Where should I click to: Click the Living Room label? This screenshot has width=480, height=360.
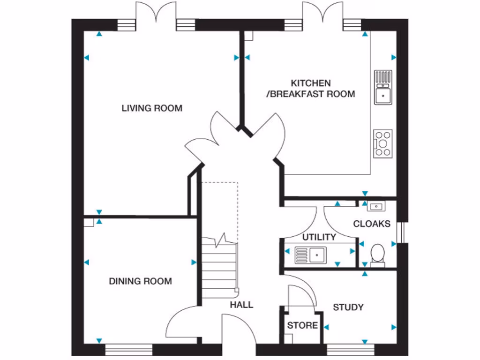pyautogui.click(x=152, y=108)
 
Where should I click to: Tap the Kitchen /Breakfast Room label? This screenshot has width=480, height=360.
pyautogui.click(x=310, y=89)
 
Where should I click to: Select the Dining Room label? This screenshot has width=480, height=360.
pyautogui.click(x=140, y=281)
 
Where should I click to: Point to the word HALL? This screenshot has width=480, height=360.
pyautogui.click(x=241, y=305)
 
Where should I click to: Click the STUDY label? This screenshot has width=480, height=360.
pyautogui.click(x=348, y=307)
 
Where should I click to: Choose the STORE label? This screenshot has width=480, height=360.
pyautogui.click(x=302, y=325)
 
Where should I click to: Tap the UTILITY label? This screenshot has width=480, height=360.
pyautogui.click(x=319, y=237)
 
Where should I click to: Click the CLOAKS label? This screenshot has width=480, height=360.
pyautogui.click(x=372, y=224)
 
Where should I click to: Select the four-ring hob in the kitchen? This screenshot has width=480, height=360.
pyautogui.click(x=383, y=143)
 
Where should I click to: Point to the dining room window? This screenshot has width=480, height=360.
pyautogui.click(x=129, y=349)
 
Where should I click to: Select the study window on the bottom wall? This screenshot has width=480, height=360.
pyautogui.click(x=351, y=349)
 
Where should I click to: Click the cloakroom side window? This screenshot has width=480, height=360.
pyautogui.click(x=400, y=232)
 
